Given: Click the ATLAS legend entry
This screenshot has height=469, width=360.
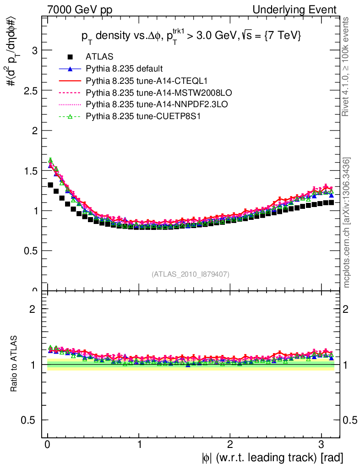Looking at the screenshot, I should click(99, 57).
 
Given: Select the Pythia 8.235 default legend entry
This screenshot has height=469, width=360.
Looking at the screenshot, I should click(124, 69).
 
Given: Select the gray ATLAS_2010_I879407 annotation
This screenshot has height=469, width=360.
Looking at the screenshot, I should click(191, 274).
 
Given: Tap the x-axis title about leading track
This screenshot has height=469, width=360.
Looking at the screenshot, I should click(271, 457).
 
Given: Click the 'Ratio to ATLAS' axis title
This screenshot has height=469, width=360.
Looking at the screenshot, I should click(14, 364).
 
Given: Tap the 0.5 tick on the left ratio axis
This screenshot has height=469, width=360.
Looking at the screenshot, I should click(30, 420).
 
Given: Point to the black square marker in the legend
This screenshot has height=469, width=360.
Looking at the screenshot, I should click(70, 57).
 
